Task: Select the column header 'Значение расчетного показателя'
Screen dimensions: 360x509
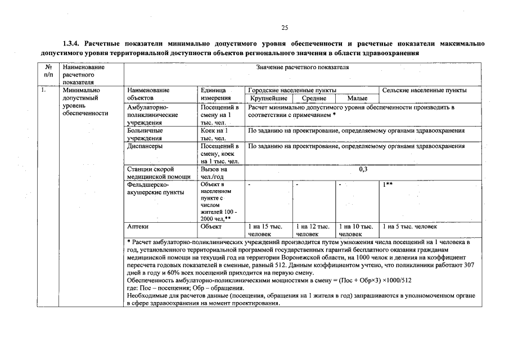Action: (x=302, y=67)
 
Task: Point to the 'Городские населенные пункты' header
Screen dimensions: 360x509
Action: (x=292, y=90)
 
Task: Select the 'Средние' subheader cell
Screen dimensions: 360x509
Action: (x=314, y=98)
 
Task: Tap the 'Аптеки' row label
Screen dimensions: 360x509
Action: (x=138, y=227)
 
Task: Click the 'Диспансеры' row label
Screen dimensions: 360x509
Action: (x=145, y=146)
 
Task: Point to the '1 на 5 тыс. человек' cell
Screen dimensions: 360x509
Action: (x=409, y=227)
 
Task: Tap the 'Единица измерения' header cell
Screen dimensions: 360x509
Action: (x=214, y=94)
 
